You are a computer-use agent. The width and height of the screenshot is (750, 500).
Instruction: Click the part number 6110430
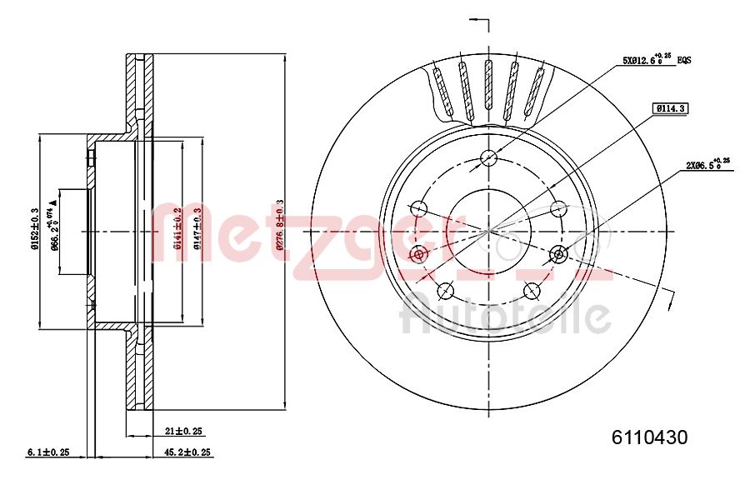649,437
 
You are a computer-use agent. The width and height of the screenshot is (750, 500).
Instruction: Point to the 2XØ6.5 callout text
707,165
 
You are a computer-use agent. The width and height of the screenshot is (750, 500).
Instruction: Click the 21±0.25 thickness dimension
184,431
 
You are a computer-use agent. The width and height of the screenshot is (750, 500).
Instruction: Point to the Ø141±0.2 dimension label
177,229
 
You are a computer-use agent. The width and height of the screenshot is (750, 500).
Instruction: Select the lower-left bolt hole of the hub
445,290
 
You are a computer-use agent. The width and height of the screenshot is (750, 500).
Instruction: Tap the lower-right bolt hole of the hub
532,290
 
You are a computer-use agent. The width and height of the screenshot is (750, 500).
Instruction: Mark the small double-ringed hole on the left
420,252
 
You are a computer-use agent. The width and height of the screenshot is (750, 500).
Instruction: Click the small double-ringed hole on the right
557,252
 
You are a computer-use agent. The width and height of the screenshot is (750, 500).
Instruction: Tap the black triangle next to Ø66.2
54,202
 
